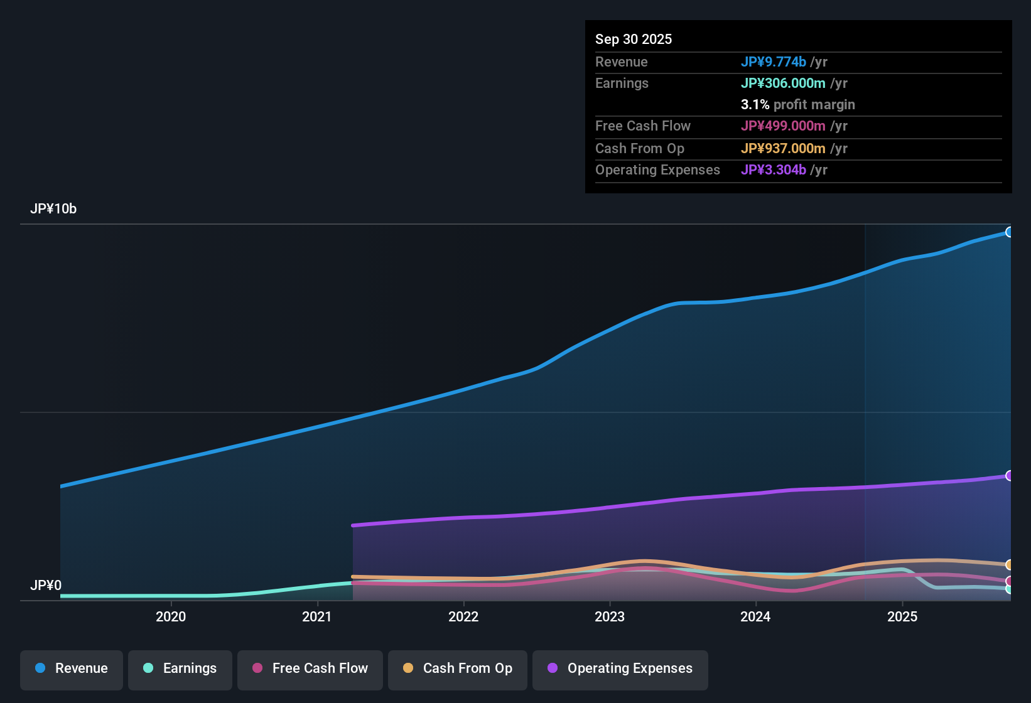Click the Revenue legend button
[x=72, y=668]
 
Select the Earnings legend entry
[x=180, y=668]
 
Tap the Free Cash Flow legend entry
[x=310, y=668]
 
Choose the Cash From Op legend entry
[x=458, y=668]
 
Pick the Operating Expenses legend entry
[x=620, y=668]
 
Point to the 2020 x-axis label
[x=171, y=617]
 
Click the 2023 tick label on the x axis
[x=610, y=617]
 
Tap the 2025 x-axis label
[x=902, y=617]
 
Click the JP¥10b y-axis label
[x=53, y=209]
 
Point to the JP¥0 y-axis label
[x=46, y=586]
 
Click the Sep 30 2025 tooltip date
[x=634, y=40]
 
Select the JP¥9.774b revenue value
[x=773, y=62]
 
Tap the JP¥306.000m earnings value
[x=783, y=83]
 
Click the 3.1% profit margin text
[x=797, y=105]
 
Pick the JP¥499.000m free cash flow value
[x=783, y=126]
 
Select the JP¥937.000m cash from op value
[x=783, y=149]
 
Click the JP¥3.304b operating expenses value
[x=773, y=170]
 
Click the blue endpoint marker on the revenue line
[x=1009, y=232]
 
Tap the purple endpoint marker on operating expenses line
[x=1009, y=476]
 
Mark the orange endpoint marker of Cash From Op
[x=1009, y=565]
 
